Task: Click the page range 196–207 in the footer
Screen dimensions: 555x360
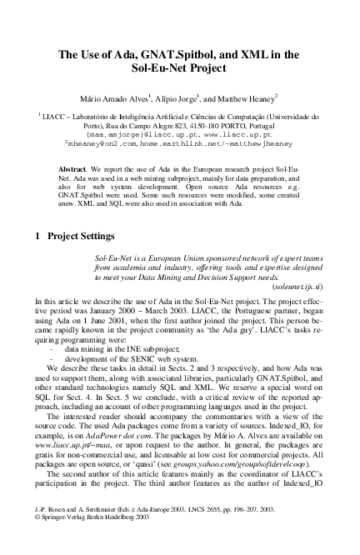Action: pyautogui.click(x=254, y=529)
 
